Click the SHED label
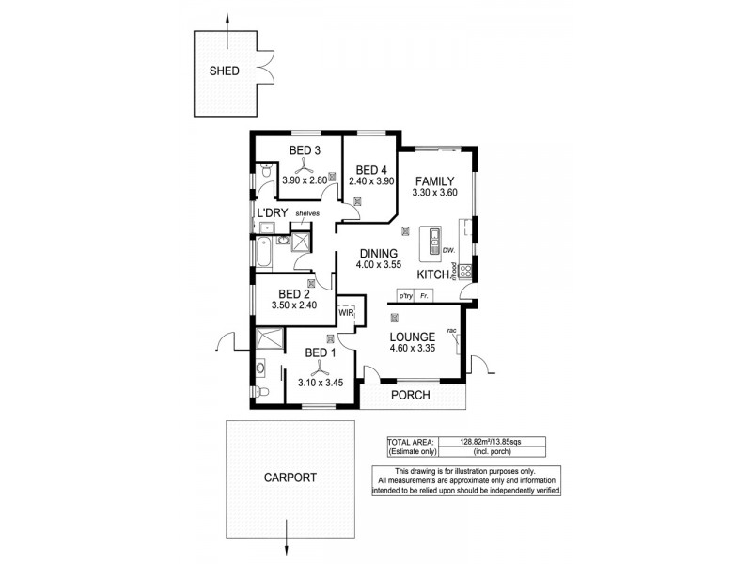(225, 70)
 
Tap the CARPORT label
(290, 477)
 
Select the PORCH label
(411, 396)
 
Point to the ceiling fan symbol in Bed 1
(318, 367)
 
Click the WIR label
(345, 312)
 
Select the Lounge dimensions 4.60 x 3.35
(413, 349)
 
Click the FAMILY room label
(435, 181)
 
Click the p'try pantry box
(406, 296)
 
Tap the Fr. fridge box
(426, 296)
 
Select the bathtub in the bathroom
(262, 253)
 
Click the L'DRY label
(273, 214)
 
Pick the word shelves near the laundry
(307, 214)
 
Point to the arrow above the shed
(229, 23)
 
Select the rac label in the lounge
(452, 330)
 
